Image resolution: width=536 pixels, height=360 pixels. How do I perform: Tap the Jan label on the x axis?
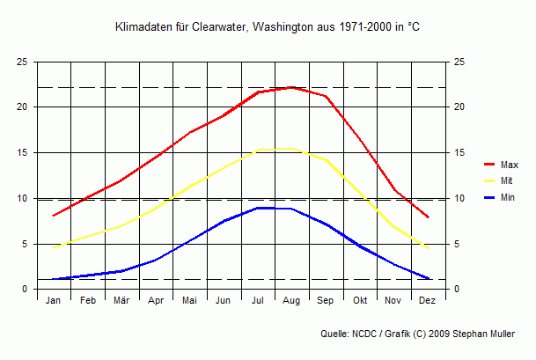(54, 301)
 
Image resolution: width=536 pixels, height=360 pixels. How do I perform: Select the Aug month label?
(291, 301)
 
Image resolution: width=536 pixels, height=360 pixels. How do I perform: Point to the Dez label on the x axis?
(428, 301)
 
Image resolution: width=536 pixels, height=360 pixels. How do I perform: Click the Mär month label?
(121, 301)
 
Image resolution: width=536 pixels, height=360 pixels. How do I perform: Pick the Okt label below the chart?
(360, 301)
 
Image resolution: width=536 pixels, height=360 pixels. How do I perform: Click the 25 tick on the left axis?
(21, 62)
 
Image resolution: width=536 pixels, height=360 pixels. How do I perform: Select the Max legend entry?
(509, 165)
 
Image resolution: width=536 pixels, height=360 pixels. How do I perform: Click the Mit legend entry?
(506, 181)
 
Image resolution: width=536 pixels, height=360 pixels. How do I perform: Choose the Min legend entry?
(507, 198)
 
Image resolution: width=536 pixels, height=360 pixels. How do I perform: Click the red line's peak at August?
(291, 87)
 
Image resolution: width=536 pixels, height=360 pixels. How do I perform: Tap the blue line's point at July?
(257, 208)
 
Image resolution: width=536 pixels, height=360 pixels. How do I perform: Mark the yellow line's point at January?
(54, 247)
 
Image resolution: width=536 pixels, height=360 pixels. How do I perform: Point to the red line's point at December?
(428, 217)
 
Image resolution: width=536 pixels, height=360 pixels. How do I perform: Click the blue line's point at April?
(156, 260)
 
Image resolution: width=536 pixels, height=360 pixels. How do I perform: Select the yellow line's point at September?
(326, 160)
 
